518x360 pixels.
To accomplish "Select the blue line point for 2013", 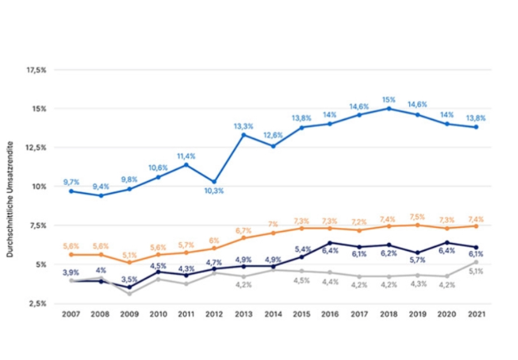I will [243, 135].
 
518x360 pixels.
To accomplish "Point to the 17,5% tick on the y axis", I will [36, 69].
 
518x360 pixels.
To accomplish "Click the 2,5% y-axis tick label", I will [36, 303].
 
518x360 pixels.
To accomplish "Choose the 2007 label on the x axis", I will [71, 315].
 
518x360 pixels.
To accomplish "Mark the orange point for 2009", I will [129, 262].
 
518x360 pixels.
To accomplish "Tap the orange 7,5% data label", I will [419, 217].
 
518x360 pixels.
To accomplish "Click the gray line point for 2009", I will [129, 294].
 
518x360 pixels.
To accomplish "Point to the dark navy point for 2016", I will [330, 243].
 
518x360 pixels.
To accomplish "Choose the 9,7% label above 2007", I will [71, 182].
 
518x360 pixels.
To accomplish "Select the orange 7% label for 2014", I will [273, 224].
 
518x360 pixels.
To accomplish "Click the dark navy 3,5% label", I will [129, 279].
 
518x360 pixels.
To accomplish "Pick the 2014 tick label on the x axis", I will [273, 315].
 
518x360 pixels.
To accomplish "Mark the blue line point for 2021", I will [476, 127].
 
